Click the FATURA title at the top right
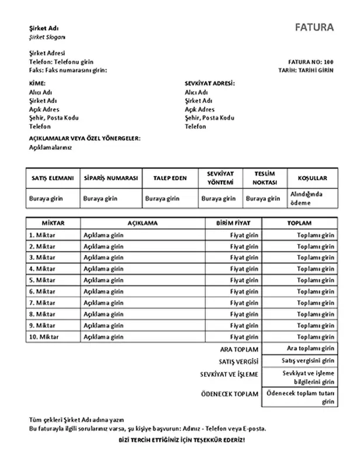point(314,27)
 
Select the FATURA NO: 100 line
point(311,61)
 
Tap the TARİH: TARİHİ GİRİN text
point(306,70)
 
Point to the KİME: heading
point(37,84)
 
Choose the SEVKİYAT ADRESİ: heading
point(209,84)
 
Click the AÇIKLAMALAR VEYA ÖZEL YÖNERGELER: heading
point(85,139)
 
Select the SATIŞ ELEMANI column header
point(52,178)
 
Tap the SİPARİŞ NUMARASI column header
point(111,178)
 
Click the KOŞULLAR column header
point(313,178)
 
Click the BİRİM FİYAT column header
point(233,223)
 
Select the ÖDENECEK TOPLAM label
point(229,394)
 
